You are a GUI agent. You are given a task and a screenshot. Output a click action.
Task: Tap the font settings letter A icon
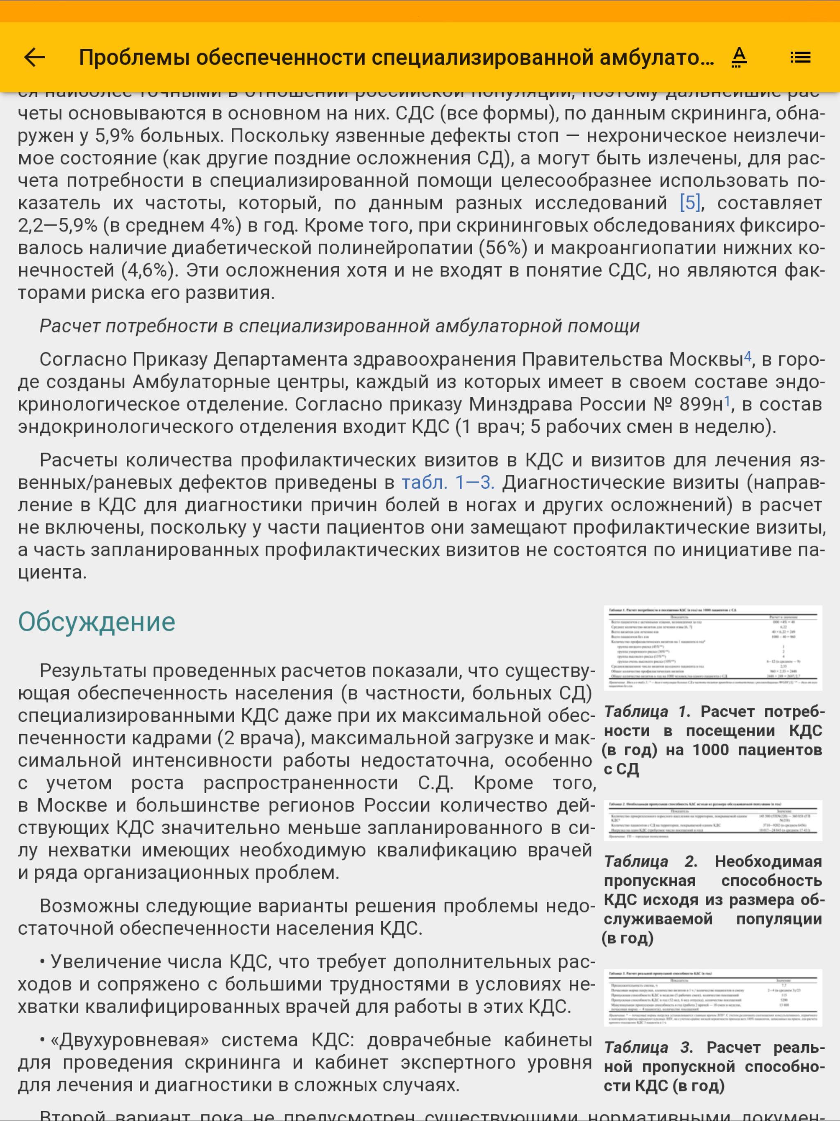click(739, 57)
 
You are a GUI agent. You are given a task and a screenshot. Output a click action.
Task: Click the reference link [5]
click(690, 203)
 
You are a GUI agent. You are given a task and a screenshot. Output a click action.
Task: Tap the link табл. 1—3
click(447, 483)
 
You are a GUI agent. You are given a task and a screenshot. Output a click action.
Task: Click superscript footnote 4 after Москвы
click(747, 357)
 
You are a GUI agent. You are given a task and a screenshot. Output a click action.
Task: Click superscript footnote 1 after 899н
click(727, 401)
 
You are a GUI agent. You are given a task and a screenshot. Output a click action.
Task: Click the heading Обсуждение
click(96, 621)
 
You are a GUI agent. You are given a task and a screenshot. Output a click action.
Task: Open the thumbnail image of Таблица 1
click(712, 647)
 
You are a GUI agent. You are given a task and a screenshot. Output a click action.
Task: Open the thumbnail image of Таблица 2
click(712, 820)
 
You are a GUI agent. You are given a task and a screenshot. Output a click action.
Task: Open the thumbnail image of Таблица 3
click(712, 998)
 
